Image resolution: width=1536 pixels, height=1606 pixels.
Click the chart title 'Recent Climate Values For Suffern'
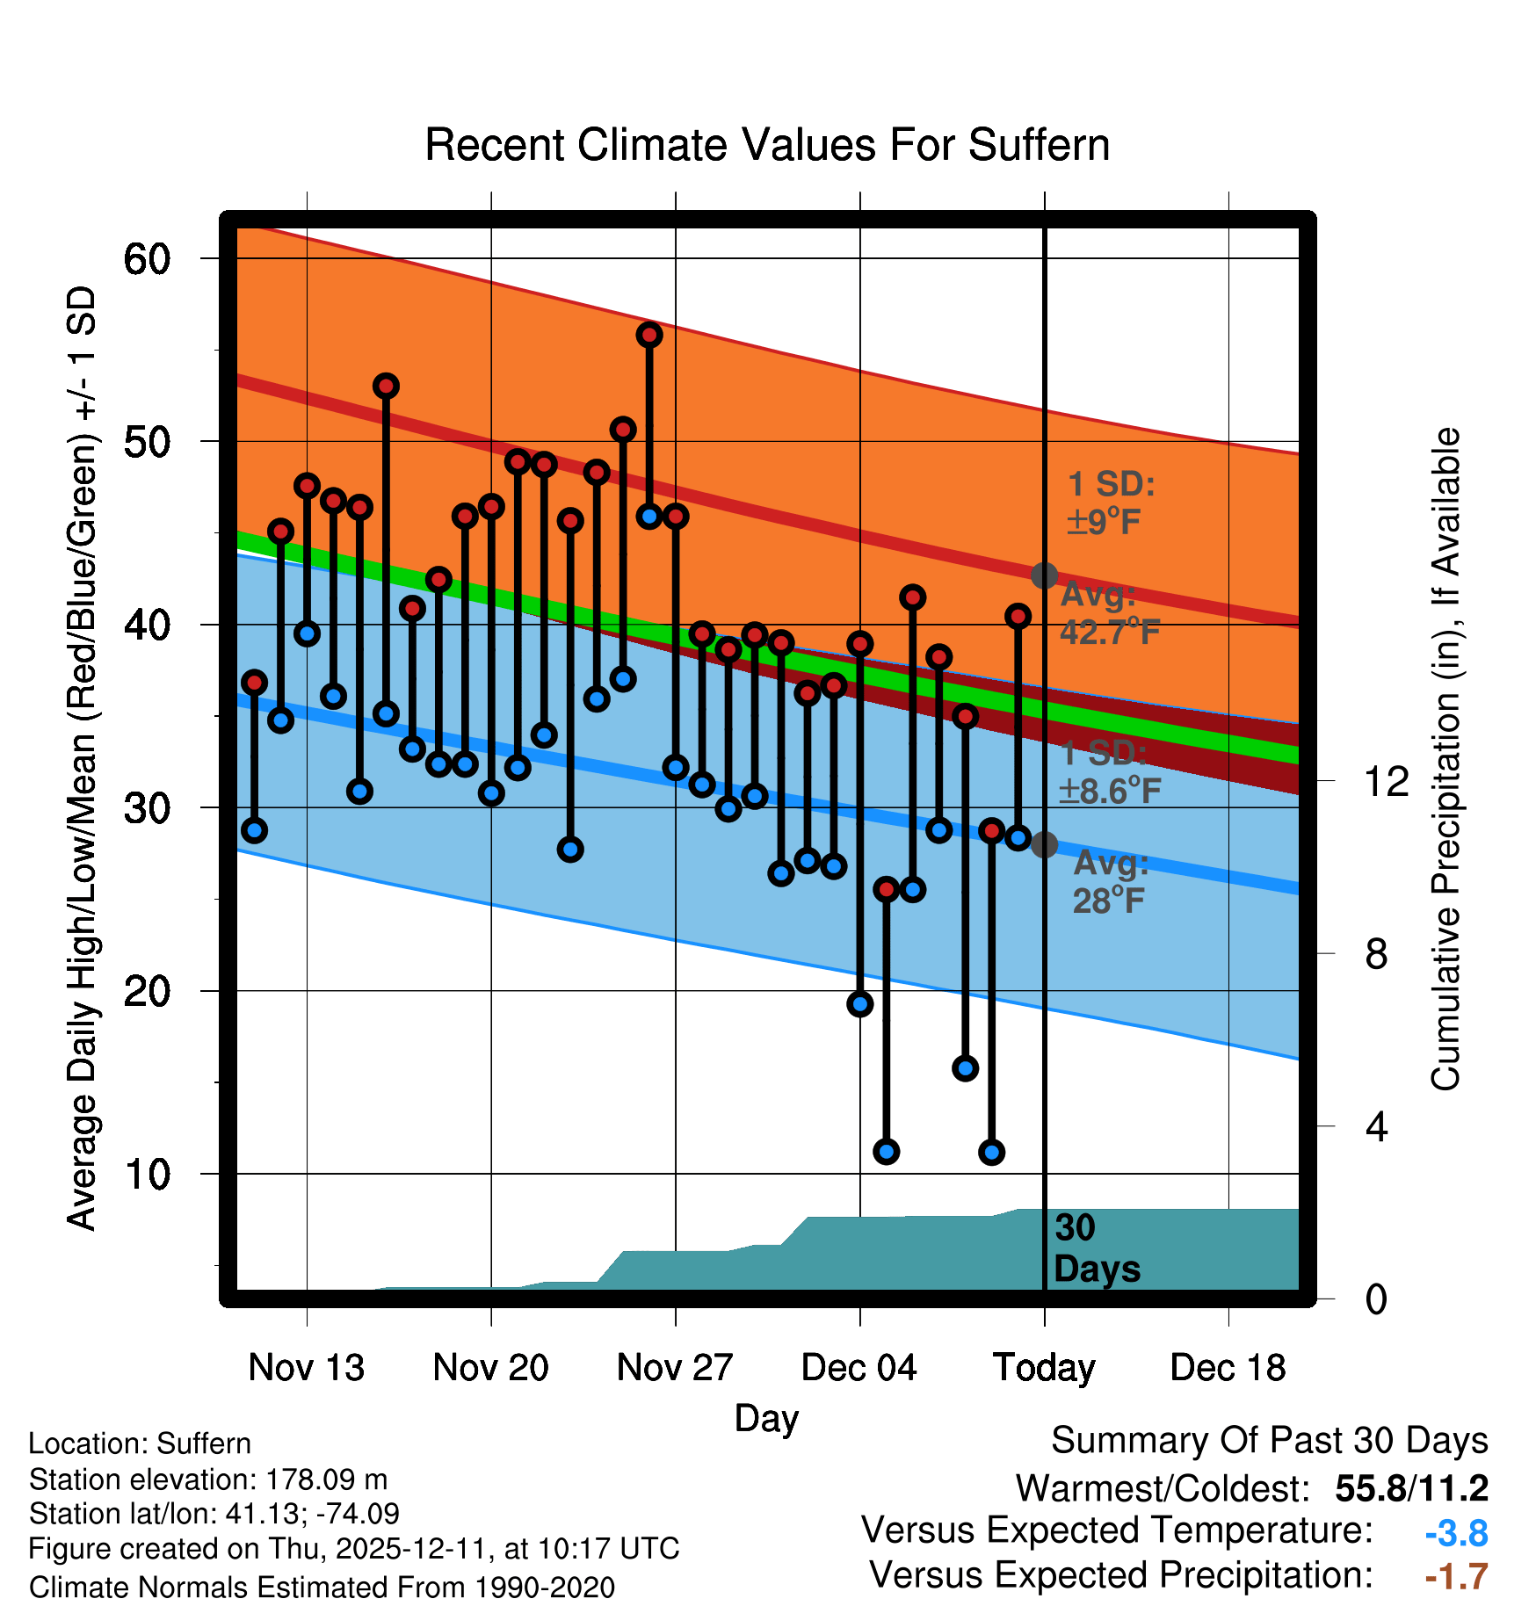click(766, 145)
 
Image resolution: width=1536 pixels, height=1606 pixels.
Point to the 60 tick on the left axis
click(147, 259)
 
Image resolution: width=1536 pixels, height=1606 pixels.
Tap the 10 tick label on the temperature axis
click(147, 1175)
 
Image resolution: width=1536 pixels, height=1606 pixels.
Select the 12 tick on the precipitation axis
click(1387, 781)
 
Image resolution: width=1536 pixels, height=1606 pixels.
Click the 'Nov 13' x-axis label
click(306, 1368)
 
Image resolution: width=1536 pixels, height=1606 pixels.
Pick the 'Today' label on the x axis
click(1044, 1368)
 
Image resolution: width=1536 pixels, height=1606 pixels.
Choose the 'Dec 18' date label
click(1228, 1368)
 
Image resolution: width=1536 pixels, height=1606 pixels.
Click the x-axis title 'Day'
click(766, 1418)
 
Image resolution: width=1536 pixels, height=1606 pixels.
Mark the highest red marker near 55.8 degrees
click(649, 335)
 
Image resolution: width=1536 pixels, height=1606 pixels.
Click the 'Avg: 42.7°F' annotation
click(1109, 613)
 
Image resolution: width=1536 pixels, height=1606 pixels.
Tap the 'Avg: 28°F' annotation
click(1111, 882)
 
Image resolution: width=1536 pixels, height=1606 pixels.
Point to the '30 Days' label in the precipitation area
click(1096, 1248)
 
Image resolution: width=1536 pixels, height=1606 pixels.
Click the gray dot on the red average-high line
click(1044, 575)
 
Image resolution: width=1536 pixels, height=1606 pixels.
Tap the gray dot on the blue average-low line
click(1044, 844)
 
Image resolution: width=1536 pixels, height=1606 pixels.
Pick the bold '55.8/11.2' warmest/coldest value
click(1411, 1488)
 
